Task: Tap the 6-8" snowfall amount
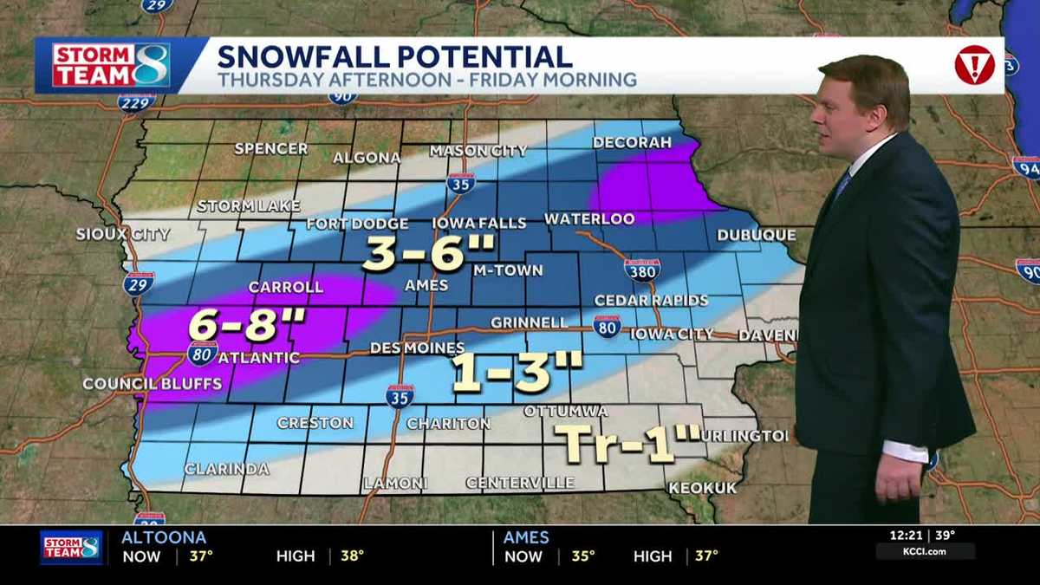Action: point(247,327)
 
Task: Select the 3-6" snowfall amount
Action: point(427,253)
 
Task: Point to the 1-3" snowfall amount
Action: point(517,374)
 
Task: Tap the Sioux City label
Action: point(122,234)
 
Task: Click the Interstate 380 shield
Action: point(641,270)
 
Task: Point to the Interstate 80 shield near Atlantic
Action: point(202,353)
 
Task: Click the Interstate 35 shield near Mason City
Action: point(460,183)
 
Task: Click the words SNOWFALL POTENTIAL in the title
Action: point(394,57)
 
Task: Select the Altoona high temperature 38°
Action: point(352,556)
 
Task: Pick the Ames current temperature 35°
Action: point(583,556)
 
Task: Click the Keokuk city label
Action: point(702,488)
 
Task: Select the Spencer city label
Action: point(270,148)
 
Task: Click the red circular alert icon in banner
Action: point(974,65)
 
